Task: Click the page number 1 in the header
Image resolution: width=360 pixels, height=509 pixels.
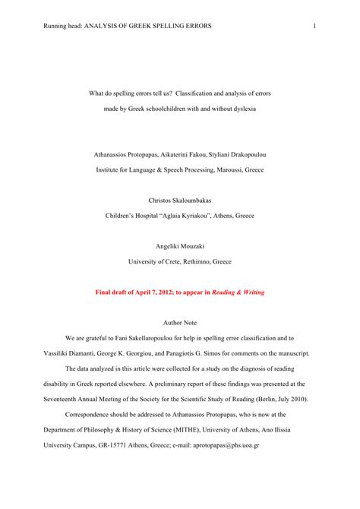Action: (x=314, y=27)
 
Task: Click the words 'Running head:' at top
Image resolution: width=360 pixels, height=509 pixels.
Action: (x=64, y=27)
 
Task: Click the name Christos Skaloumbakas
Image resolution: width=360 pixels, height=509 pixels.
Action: (x=179, y=201)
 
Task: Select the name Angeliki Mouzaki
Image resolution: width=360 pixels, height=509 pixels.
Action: (x=179, y=246)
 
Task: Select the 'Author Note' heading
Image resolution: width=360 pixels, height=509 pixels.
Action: (x=179, y=322)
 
